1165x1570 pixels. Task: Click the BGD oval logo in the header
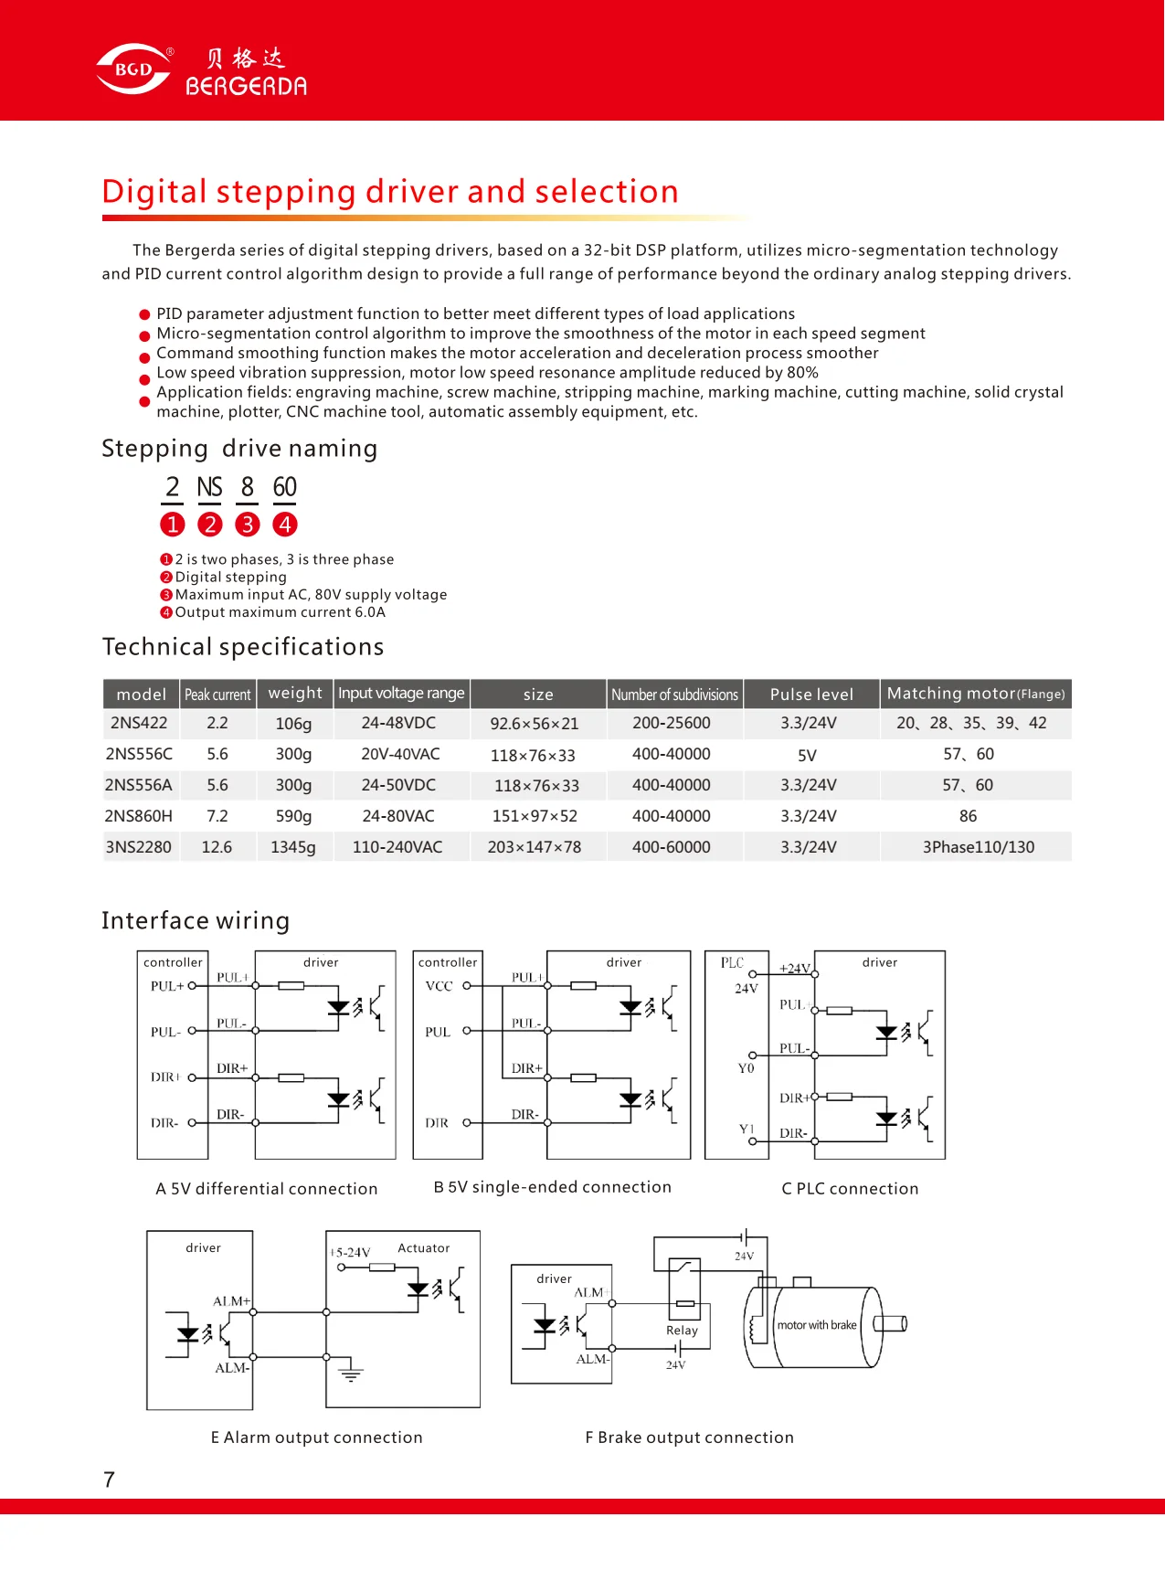(133, 69)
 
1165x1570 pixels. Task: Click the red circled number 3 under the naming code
(247, 525)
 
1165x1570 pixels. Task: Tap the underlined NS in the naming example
(209, 487)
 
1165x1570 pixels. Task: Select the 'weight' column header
(294, 694)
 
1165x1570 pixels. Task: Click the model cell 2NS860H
(138, 816)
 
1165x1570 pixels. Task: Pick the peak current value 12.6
(217, 847)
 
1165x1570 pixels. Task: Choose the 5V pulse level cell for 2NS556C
(807, 755)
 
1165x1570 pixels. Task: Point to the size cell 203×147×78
(534, 847)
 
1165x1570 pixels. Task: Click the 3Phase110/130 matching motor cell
(978, 847)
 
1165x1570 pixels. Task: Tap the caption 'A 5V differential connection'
(266, 1189)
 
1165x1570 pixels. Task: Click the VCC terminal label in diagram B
(439, 986)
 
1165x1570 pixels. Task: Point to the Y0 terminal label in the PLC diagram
(747, 1068)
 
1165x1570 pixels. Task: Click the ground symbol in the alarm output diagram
(351, 1373)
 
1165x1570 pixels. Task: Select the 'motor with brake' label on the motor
(817, 1325)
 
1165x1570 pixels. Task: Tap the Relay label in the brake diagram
(682, 1331)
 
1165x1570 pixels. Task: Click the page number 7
(110, 1480)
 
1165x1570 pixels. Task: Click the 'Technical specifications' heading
(243, 647)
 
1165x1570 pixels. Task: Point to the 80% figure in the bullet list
(801, 373)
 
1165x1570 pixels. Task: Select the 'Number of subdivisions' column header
(674, 695)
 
